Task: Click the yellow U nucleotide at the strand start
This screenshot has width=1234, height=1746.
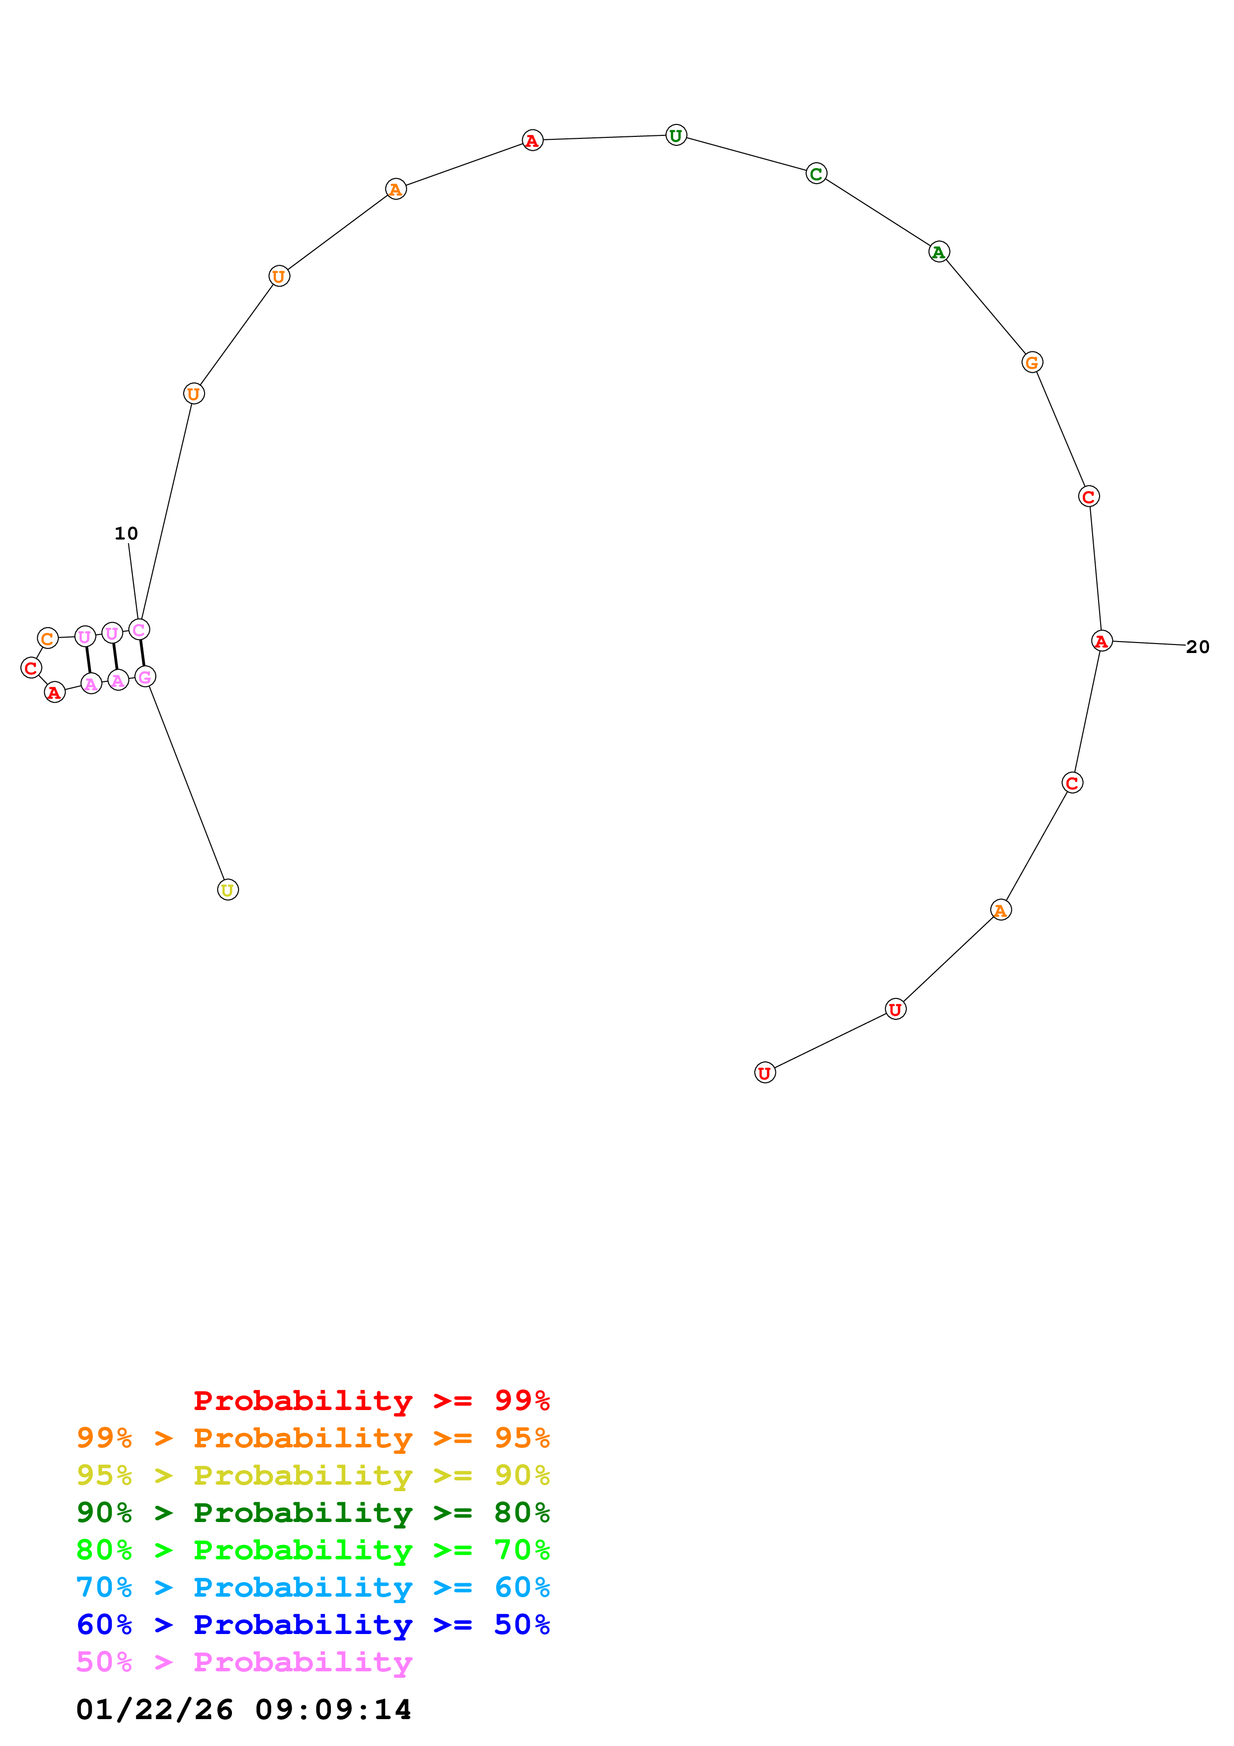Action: click(227, 890)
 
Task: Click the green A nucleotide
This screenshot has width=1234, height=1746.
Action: click(939, 252)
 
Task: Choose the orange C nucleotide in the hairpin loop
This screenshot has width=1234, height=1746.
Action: click(48, 638)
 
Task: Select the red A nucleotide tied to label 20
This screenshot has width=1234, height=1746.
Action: click(1101, 641)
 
